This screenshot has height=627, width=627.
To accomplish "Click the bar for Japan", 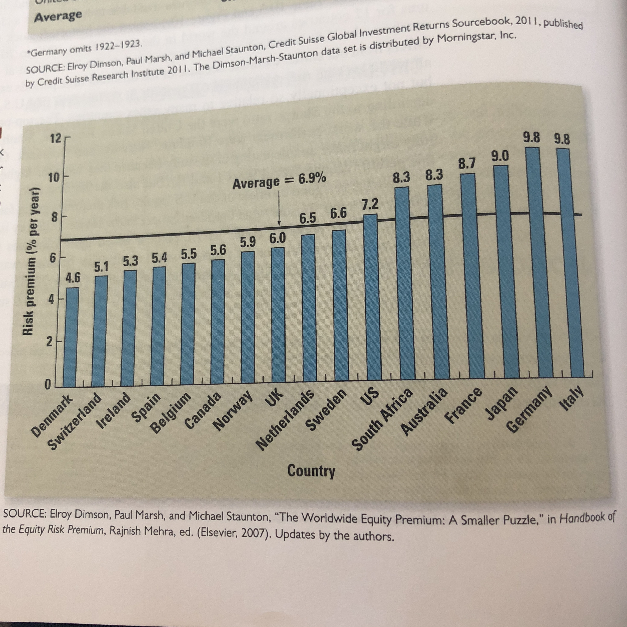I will click(x=501, y=273).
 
